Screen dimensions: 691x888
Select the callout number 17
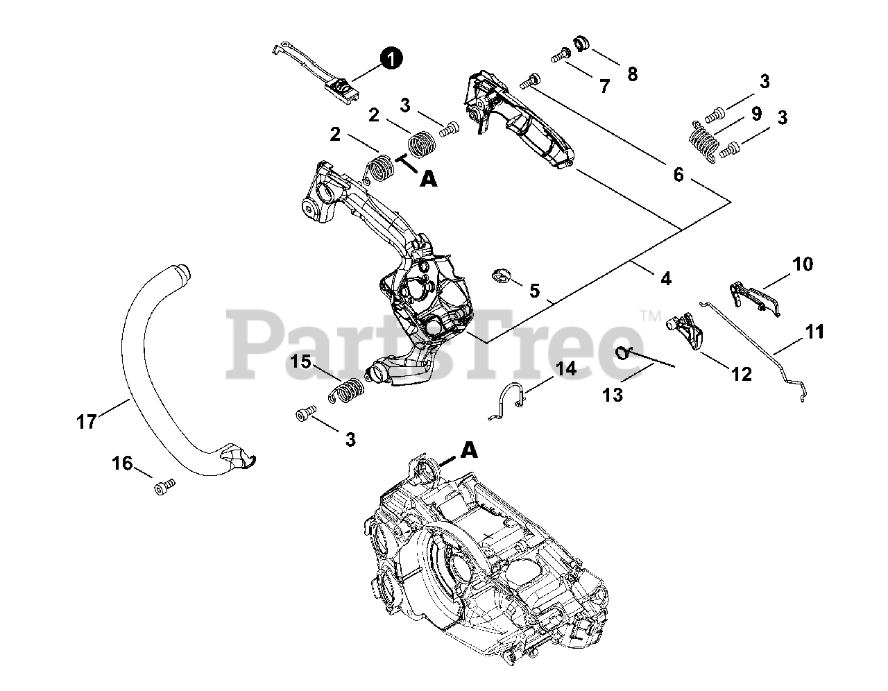pos(87,421)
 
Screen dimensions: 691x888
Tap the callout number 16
pos(123,463)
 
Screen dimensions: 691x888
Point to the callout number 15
pos(301,361)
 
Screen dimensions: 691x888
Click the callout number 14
pos(566,368)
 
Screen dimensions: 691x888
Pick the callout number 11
pos(815,332)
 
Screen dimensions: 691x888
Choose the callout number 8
pos(632,74)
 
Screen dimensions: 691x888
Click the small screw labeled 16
pos(164,488)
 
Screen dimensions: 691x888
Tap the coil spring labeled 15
pos(345,389)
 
